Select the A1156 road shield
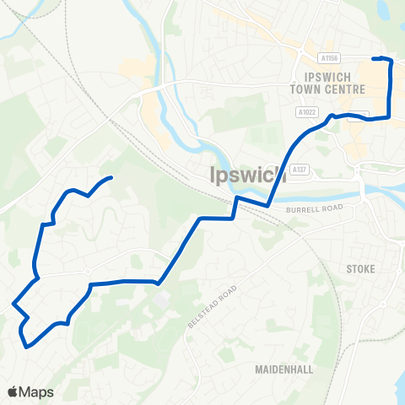pyautogui.click(x=329, y=58)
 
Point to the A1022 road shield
pyautogui.click(x=305, y=111)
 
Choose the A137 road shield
pyautogui.click(x=299, y=170)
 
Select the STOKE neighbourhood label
pyautogui.click(x=360, y=268)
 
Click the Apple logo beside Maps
pyautogui.click(x=12, y=391)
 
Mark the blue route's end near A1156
pyautogui.click(x=375, y=58)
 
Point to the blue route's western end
pyautogui.click(x=111, y=178)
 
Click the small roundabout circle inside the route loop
pyautogui.click(x=88, y=272)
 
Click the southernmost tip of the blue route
pyautogui.click(x=28, y=345)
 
